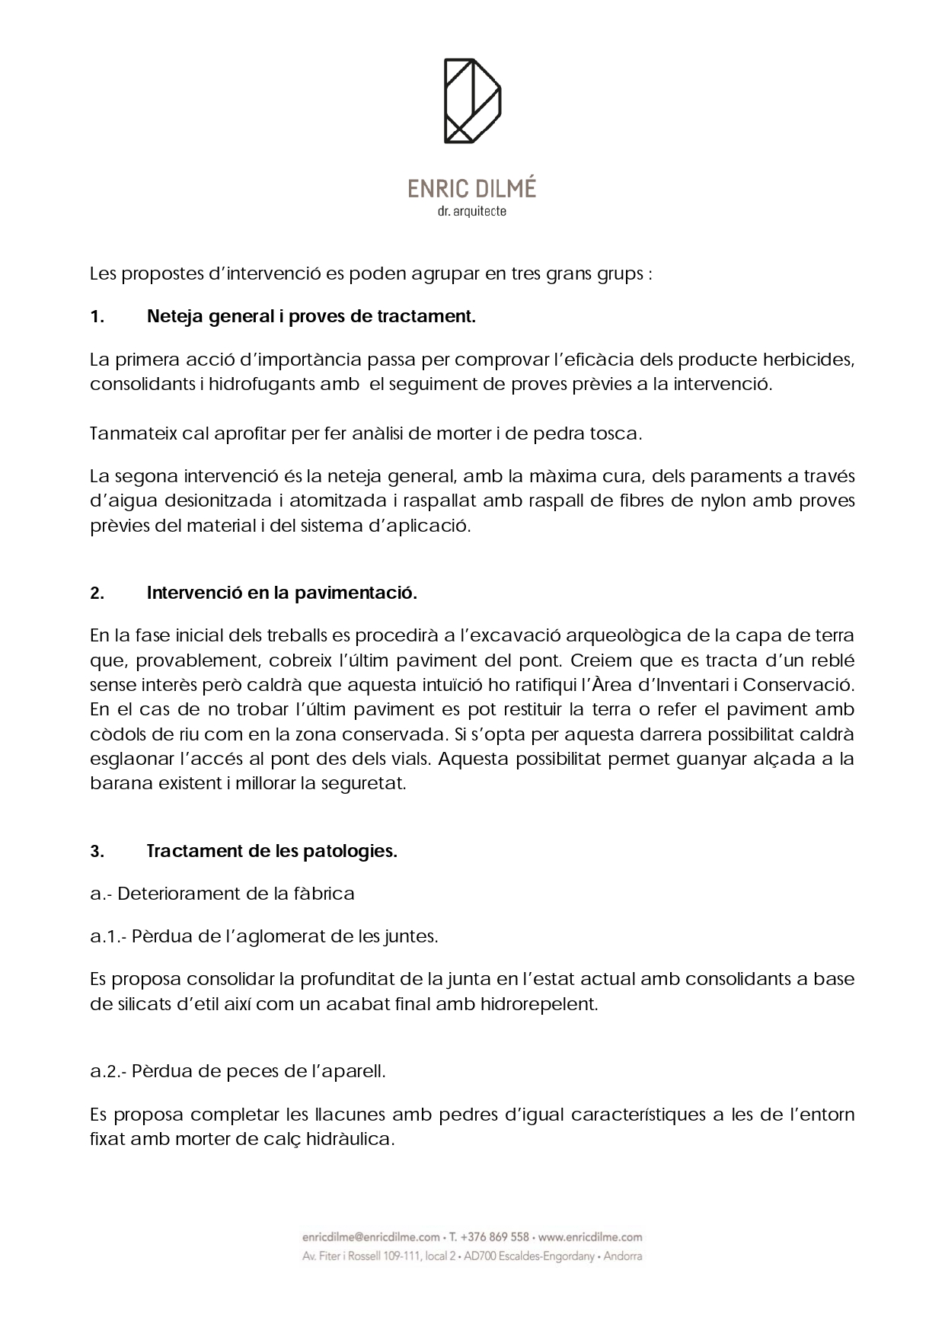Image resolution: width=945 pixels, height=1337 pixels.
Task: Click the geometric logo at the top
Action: pos(472,101)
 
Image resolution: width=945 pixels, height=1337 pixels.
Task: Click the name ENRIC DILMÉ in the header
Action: pos(472,189)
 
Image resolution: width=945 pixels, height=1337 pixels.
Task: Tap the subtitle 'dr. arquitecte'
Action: pos(472,212)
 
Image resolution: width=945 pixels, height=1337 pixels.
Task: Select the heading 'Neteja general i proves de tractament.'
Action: pos(311,317)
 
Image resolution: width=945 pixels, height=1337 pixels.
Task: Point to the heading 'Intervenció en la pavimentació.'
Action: pos(282,593)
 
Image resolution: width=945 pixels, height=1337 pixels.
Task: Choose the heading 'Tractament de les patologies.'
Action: pos(272,851)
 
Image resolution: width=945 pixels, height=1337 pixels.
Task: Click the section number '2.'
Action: pos(97,593)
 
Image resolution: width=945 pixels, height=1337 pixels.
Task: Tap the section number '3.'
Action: pos(97,852)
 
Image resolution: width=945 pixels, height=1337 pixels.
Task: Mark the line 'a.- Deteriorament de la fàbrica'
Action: pos(222,894)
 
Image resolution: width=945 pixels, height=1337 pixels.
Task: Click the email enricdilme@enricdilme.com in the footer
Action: pos(371,1237)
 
